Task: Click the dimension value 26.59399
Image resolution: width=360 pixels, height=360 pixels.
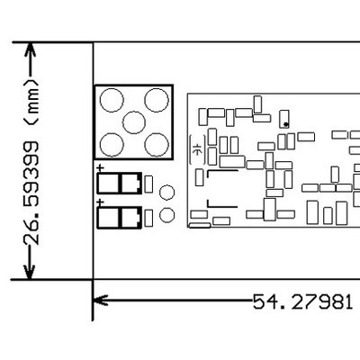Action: pos(31,193)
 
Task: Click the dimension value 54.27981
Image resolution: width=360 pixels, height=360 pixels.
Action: pos(302,301)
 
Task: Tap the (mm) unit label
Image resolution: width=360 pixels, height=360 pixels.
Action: pos(31,103)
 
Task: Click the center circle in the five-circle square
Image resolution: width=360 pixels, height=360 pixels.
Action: pos(134,122)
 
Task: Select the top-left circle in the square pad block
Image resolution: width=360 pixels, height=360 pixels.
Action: pos(112,100)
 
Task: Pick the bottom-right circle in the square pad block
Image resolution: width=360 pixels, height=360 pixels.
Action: pos(157,145)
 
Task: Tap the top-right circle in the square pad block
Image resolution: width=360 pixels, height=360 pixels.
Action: pos(157,100)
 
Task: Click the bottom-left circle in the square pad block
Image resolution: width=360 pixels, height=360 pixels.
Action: pos(112,145)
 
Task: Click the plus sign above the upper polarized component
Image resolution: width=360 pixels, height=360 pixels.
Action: pos(101,168)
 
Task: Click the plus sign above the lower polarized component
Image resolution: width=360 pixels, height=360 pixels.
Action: pos(101,203)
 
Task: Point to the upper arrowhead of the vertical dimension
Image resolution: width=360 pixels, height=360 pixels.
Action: pos(30,49)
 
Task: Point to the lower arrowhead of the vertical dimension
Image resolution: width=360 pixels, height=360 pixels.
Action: pos(30,272)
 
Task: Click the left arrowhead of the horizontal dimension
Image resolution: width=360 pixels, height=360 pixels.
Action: pos(101,300)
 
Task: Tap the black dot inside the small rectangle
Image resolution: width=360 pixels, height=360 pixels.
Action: pos(285,124)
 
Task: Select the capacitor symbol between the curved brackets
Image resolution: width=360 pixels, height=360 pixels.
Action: pos(197,149)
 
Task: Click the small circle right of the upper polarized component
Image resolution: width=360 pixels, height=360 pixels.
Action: pos(167,193)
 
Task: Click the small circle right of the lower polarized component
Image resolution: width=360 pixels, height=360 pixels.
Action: pos(167,215)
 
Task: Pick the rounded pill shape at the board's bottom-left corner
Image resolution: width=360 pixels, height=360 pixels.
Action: pos(200,225)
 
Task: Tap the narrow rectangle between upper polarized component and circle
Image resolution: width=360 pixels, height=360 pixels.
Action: pos(148,184)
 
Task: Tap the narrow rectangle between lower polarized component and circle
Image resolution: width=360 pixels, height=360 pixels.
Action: pos(148,218)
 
